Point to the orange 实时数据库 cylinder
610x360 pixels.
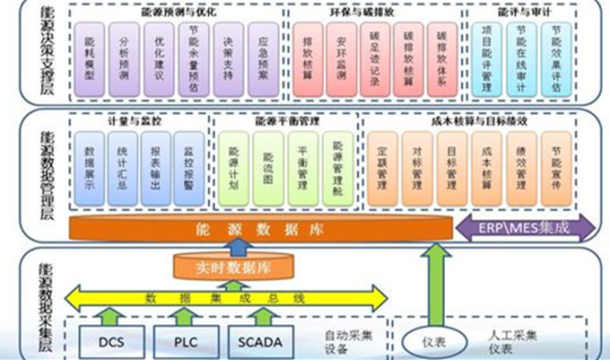233,267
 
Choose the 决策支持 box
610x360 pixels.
229,58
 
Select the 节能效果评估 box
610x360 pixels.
557,58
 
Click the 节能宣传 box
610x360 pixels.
558,166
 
